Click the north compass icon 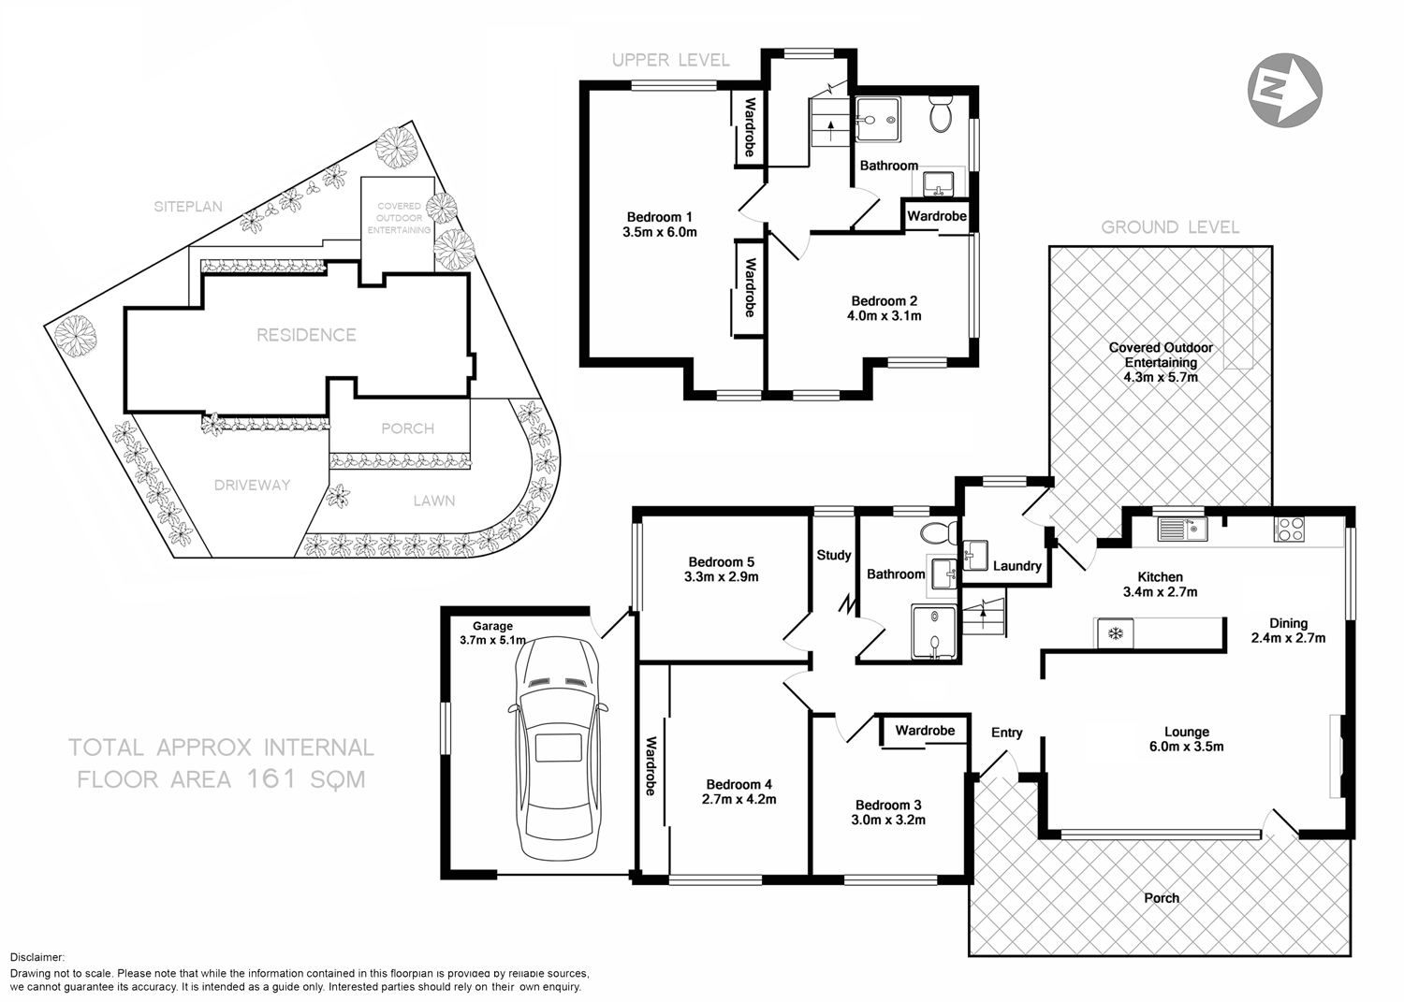[x=1284, y=89]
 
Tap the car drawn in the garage [x=558, y=748]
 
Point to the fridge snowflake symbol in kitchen [x=1115, y=633]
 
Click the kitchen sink [x=1182, y=530]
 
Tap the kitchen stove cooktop [x=1289, y=530]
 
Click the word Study [x=833, y=555]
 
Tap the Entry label [x=1006, y=733]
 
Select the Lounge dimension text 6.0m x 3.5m [x=1187, y=747]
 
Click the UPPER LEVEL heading [x=670, y=61]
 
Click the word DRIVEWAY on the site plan [x=252, y=485]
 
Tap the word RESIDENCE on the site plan [x=306, y=335]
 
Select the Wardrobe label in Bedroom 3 [x=924, y=730]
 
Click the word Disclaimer [x=37, y=957]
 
